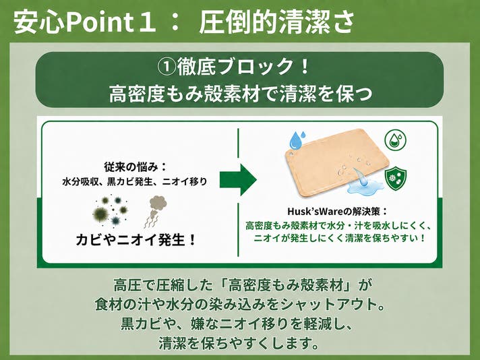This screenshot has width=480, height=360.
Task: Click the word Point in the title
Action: tap(99, 23)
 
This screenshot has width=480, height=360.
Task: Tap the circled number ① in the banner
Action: tap(167, 67)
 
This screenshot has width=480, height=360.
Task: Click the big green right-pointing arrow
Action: tap(238, 180)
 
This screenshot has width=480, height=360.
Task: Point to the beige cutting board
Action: tap(336, 162)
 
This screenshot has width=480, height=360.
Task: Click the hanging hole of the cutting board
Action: tap(290, 153)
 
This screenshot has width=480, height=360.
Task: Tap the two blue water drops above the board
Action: tap(297, 140)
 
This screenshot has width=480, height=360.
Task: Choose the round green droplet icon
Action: tap(395, 140)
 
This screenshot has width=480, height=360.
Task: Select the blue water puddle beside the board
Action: tap(365, 186)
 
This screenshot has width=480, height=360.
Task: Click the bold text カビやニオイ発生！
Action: tap(136, 239)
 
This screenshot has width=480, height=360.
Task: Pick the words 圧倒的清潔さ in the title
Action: tap(277, 23)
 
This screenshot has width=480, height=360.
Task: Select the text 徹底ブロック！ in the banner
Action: tap(243, 67)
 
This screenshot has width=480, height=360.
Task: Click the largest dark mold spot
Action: tap(100, 214)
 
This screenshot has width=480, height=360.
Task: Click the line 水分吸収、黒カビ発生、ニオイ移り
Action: tap(135, 181)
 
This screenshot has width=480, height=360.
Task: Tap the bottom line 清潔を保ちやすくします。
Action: tap(239, 343)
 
